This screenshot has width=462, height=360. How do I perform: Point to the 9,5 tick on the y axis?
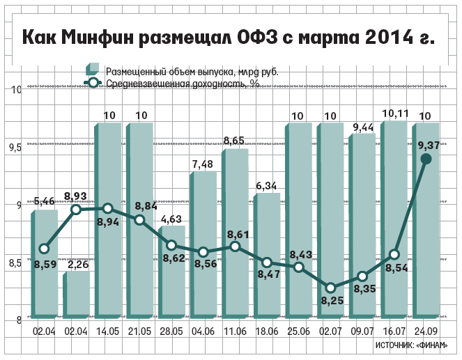(15, 148)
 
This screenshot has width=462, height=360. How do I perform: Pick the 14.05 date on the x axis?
(108, 333)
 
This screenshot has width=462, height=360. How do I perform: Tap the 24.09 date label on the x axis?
(426, 333)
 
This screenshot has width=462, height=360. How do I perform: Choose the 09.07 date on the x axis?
(362, 333)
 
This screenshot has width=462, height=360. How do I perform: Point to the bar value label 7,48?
(203, 164)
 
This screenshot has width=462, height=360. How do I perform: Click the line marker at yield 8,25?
(331, 288)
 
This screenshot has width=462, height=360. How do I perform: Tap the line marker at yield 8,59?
(44, 249)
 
